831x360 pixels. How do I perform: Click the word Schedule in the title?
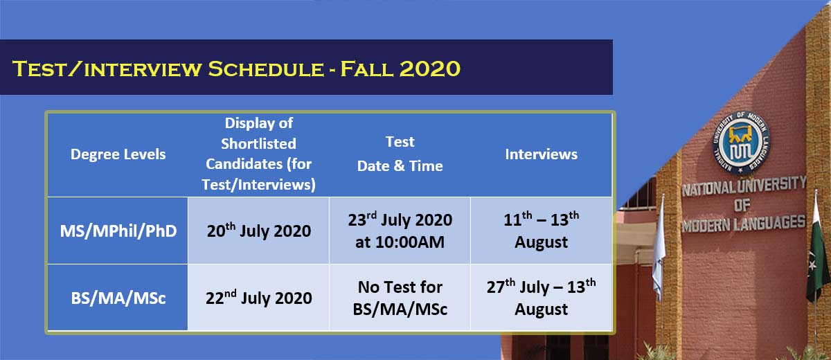[x=266, y=69]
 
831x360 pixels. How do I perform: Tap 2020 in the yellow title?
[x=429, y=69]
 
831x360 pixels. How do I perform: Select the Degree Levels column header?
[x=118, y=154]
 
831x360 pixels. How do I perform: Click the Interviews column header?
[x=542, y=154]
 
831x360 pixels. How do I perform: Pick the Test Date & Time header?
[x=400, y=154]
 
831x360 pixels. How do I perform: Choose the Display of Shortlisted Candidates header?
[x=258, y=154]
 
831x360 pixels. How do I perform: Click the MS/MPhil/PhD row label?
[x=118, y=231]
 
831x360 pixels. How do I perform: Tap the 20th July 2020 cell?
[x=259, y=231]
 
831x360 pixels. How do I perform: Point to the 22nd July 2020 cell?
[x=259, y=297]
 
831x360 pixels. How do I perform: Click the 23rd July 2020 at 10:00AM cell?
[x=400, y=231]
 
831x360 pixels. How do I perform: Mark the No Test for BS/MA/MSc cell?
[x=400, y=298]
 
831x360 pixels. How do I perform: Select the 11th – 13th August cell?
[x=542, y=231]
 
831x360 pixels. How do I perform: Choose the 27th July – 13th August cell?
[x=542, y=298]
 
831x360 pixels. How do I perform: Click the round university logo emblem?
[x=741, y=143]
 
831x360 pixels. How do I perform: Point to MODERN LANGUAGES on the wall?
[x=744, y=224]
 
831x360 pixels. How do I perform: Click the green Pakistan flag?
[x=818, y=252]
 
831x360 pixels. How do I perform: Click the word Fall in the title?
[x=366, y=69]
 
